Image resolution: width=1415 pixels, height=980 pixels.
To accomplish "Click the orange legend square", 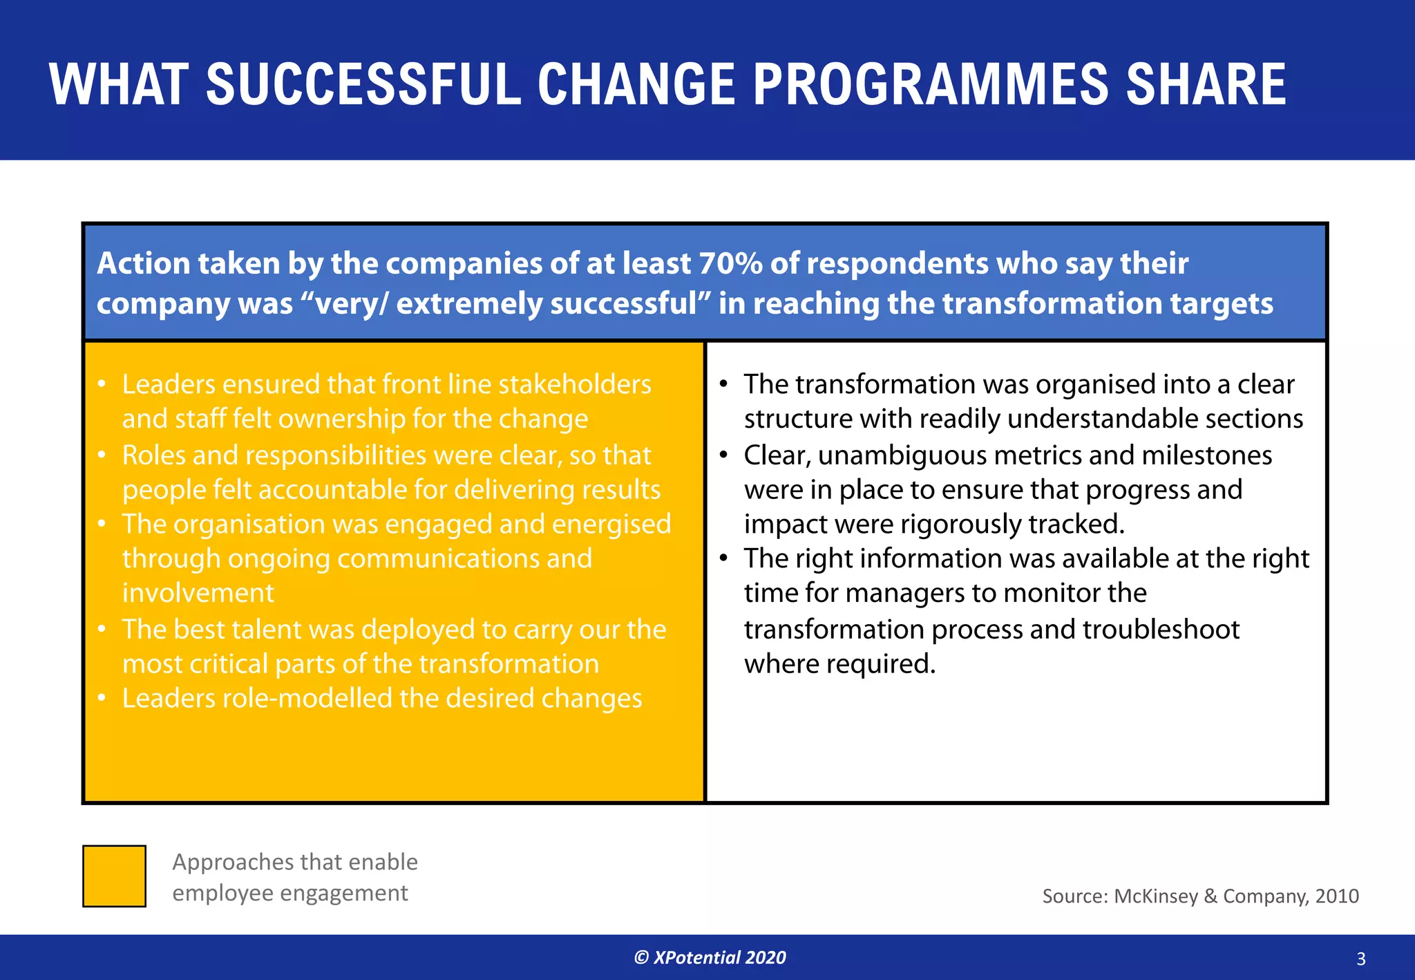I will coord(114,876).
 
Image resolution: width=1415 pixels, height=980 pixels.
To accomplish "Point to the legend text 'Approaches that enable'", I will coord(295,862).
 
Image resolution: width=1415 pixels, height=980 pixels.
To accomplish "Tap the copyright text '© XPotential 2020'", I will coord(710,957).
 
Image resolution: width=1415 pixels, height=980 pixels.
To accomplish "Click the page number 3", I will coord(1360,959).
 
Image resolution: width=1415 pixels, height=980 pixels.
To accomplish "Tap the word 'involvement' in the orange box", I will coord(198,594).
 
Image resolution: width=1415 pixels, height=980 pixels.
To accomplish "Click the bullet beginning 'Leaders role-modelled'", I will coord(382,699).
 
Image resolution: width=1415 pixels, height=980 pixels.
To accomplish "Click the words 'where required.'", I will coord(839,665).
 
